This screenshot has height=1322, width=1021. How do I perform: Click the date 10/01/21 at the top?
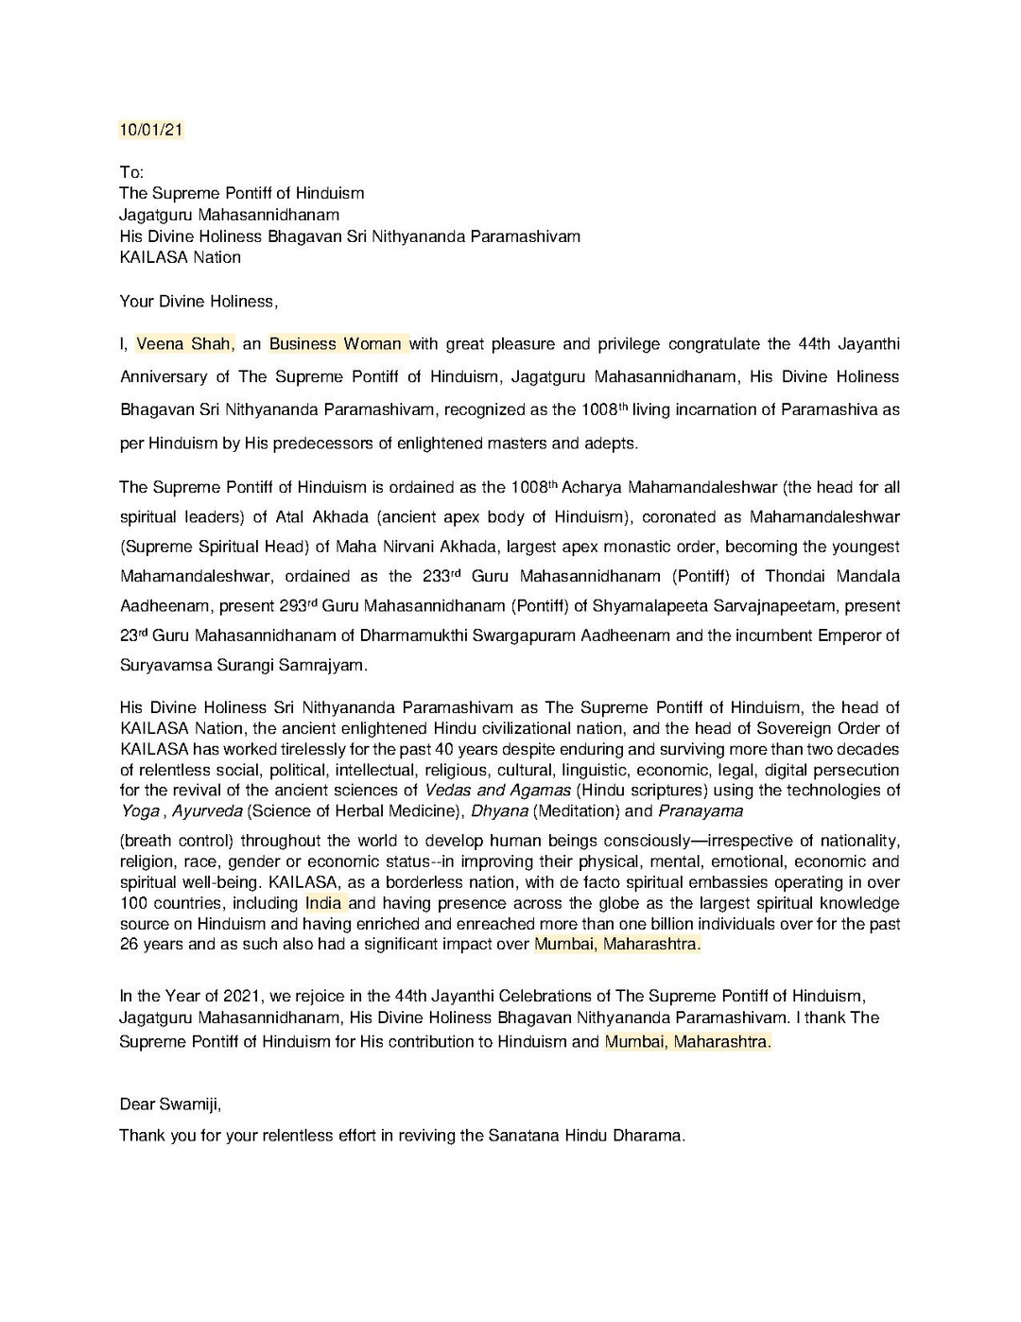pyautogui.click(x=150, y=130)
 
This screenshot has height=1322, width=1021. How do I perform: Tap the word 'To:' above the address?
pyautogui.click(x=131, y=172)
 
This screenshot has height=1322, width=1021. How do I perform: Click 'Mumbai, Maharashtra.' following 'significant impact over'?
pyautogui.click(x=617, y=944)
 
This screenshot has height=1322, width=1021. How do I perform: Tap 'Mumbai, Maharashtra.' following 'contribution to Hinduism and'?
pyautogui.click(x=687, y=1041)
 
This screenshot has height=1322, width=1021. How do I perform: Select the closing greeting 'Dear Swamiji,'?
pyautogui.click(x=170, y=1104)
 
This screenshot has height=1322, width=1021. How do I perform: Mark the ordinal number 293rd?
pyautogui.click(x=299, y=605)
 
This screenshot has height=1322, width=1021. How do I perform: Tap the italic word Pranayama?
pyautogui.click(x=700, y=810)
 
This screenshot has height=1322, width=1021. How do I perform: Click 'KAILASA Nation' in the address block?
pyautogui.click(x=180, y=257)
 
